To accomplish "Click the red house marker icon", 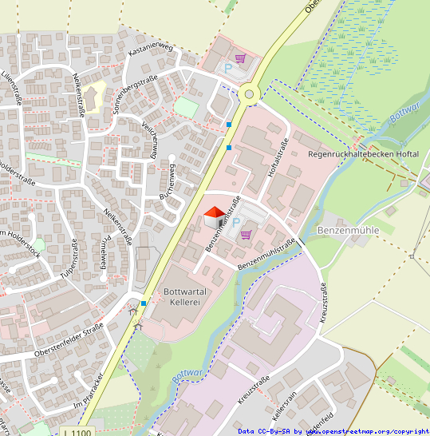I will [x=214, y=216].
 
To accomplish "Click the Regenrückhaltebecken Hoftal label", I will [x=363, y=154].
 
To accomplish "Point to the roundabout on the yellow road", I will [x=250, y=94].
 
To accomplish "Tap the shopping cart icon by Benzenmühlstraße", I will [x=246, y=235].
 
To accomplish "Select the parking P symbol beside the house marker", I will [x=235, y=223].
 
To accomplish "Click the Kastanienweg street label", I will [x=150, y=50].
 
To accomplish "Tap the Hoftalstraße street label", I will [x=277, y=157].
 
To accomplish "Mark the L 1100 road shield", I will [x=77, y=432].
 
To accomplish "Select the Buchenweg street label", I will [x=167, y=180].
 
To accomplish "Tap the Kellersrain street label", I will [x=285, y=408].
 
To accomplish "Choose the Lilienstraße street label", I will [x=13, y=87].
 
